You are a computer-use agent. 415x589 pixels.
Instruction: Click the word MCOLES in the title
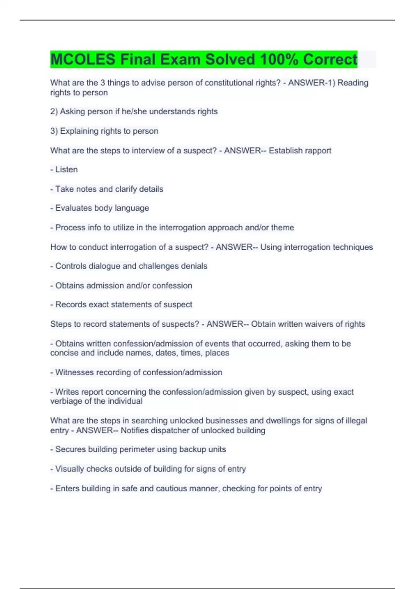point(83,59)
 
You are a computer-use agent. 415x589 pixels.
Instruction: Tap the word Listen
point(66,169)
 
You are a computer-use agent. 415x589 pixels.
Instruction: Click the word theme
point(283,228)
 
